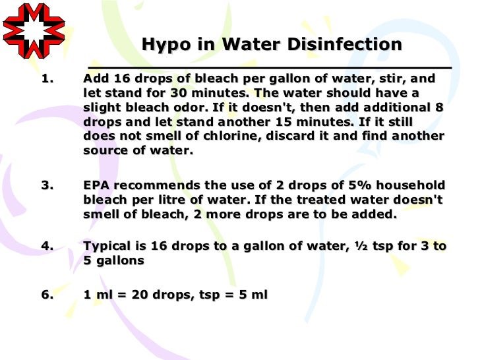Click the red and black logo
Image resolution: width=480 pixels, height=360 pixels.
click(34, 30)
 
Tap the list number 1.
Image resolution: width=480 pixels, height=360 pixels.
click(46, 78)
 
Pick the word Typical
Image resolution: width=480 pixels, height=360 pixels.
click(109, 246)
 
